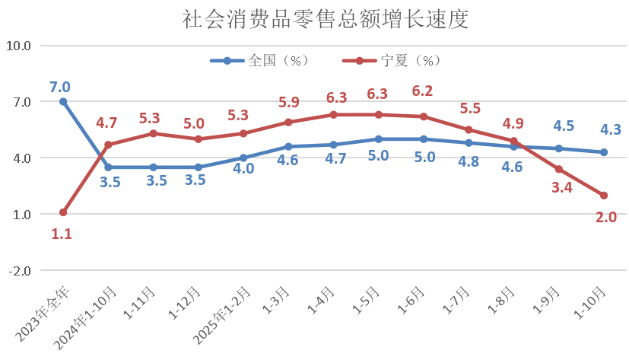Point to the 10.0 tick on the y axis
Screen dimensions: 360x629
click(x=18, y=46)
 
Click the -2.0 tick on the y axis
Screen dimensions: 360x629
click(x=18, y=271)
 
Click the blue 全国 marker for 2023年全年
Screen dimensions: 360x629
click(x=63, y=101)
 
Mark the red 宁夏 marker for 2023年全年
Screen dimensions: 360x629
click(x=63, y=212)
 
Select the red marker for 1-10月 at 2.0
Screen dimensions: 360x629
click(x=603, y=196)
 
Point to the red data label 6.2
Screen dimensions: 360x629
click(x=423, y=91)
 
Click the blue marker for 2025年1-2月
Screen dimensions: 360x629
click(x=243, y=158)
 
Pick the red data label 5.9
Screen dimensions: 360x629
click(x=288, y=101)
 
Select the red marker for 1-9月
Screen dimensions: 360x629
click(x=558, y=169)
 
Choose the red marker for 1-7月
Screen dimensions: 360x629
click(x=469, y=129)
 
